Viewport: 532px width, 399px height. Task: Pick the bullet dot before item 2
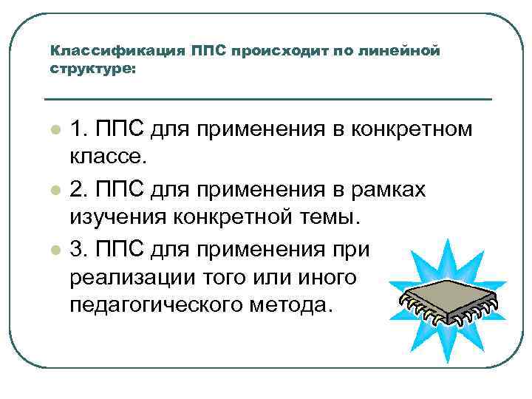click(x=55, y=191)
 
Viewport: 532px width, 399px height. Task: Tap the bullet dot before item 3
click(x=55, y=250)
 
